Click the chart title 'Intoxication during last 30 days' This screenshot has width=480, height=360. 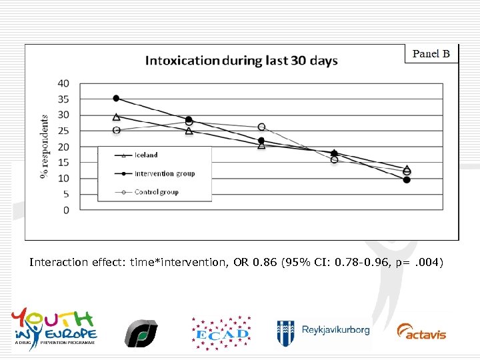(x=241, y=61)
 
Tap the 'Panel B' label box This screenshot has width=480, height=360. (x=431, y=53)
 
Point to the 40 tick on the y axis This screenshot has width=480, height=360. (x=64, y=83)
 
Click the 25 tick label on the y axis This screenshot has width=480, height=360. (x=64, y=131)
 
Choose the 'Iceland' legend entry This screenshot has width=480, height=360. (x=146, y=155)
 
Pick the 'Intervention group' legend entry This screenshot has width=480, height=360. (x=164, y=173)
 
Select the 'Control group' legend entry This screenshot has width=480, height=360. (x=156, y=192)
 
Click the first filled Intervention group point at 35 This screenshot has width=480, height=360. (x=116, y=99)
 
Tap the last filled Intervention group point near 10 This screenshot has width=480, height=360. (x=407, y=179)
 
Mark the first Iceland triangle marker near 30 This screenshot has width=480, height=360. (x=116, y=117)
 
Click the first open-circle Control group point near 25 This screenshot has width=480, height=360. (x=116, y=130)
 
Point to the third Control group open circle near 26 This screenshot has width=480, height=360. (x=261, y=127)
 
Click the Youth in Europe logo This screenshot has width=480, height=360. (x=54, y=327)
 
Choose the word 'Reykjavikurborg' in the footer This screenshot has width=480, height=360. (x=335, y=330)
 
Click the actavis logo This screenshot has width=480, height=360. (x=421, y=331)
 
